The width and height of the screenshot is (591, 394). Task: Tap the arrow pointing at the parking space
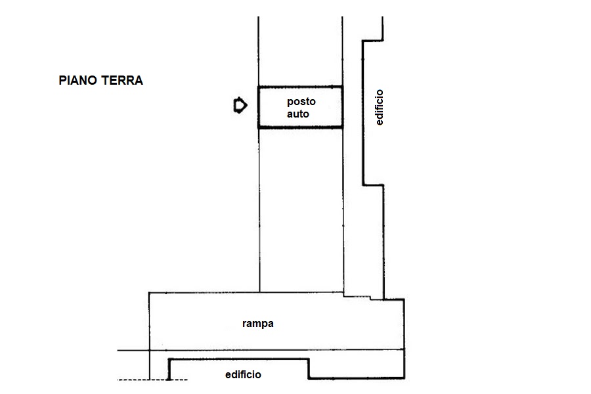[240, 105]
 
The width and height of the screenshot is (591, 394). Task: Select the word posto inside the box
[301, 102]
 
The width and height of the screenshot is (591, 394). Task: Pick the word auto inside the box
[297, 114]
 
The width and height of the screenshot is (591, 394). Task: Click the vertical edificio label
[379, 107]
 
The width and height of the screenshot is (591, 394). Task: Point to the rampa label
[258, 324]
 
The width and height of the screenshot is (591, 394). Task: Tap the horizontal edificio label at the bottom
[243, 374]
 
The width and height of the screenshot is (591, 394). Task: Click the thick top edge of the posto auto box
[300, 87]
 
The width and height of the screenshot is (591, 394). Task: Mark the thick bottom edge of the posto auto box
[300, 127]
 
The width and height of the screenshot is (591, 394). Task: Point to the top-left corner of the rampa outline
[149, 293]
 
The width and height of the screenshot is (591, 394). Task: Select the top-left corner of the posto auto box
[259, 87]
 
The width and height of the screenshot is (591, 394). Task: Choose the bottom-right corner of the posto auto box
[342, 127]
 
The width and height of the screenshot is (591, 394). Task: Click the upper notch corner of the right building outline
[363, 41]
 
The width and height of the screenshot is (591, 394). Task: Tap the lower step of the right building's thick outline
[373, 185]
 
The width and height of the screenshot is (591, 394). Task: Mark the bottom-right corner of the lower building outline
[404, 378]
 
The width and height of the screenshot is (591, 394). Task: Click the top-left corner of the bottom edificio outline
[169, 359]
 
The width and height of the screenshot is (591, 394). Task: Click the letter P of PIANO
[62, 80]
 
